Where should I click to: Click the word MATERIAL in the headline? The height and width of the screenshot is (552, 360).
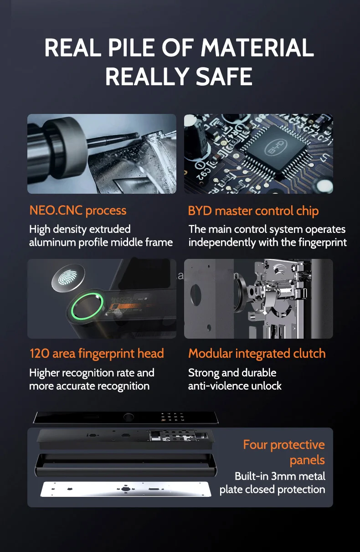coord(257,47)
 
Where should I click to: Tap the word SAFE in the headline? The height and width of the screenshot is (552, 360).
coord(224,76)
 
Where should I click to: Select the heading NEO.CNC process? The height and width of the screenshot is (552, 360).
coord(78,211)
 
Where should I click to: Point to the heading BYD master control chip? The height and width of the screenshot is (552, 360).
coord(253,211)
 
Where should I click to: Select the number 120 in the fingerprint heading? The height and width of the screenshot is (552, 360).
coord(40,354)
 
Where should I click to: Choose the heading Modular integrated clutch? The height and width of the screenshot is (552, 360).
coord(257,354)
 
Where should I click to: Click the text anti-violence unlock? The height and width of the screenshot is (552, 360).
coord(235,386)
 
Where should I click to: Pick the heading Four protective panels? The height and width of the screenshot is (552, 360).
coord(284,453)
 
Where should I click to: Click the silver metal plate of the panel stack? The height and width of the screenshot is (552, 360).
coord(126,489)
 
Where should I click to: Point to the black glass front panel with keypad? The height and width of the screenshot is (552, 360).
coord(126,418)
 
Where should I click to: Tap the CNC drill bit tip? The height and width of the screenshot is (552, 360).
coord(138,135)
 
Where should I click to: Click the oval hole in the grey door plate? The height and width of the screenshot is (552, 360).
coord(196,295)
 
